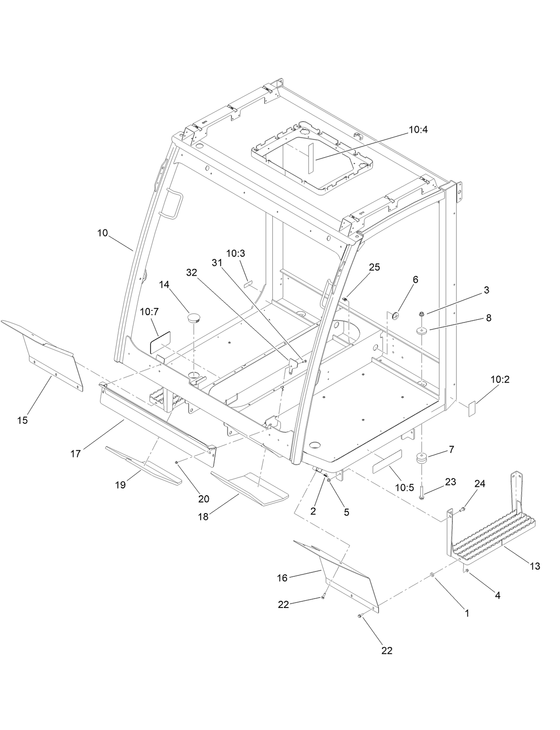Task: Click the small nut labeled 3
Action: point(421,314)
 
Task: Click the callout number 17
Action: point(76,454)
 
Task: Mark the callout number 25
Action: point(374,267)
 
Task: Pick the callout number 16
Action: point(282,578)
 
